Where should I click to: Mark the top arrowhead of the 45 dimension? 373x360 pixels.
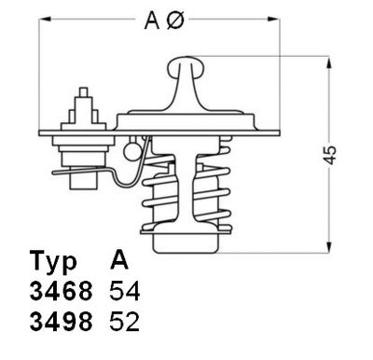click(327, 62)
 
